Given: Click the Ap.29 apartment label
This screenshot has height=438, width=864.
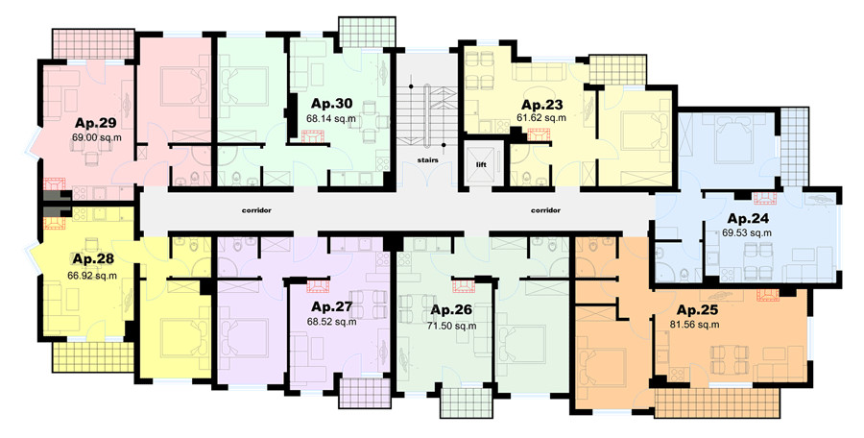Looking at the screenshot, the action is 96,123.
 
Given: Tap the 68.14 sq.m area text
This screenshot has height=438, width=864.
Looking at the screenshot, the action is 331,118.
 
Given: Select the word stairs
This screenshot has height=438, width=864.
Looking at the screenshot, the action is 427,160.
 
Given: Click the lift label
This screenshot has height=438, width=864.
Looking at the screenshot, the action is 481,164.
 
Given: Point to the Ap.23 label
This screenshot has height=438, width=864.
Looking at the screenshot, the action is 543,105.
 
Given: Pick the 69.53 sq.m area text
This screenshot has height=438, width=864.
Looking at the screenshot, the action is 747,232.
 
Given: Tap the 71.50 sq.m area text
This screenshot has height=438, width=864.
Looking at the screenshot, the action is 452,326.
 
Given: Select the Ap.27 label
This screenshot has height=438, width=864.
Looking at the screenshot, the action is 331,306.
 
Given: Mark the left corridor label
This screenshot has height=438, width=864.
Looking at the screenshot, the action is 256,210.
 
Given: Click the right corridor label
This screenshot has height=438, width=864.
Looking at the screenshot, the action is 545,210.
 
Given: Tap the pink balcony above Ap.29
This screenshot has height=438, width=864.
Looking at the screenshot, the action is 93,43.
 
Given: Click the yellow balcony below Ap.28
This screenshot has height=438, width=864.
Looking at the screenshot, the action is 93,357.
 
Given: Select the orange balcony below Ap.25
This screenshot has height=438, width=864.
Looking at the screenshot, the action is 717,402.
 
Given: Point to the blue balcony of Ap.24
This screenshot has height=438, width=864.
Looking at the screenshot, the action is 795,146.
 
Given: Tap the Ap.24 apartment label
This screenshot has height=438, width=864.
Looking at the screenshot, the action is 748,218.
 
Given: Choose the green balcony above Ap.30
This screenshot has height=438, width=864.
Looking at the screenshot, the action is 367,33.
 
